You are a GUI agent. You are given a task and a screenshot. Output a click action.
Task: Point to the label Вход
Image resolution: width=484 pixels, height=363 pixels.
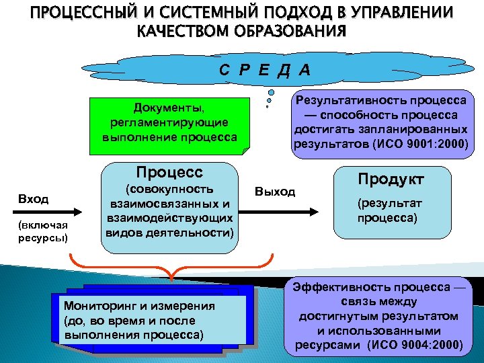coord(34,199)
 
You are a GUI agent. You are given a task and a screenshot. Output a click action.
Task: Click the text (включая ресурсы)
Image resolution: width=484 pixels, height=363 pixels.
coord(43,231)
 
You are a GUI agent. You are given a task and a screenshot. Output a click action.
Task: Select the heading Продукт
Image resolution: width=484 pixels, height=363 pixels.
coord(391,179)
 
